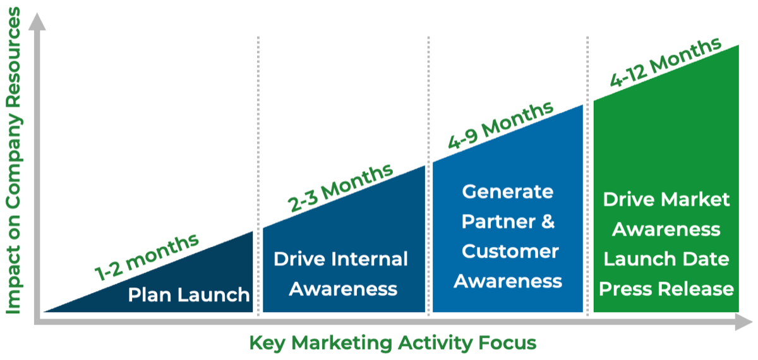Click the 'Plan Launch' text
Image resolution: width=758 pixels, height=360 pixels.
(x=189, y=295)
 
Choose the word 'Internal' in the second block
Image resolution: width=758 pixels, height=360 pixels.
(x=373, y=259)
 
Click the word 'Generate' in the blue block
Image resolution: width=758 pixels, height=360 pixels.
(x=508, y=191)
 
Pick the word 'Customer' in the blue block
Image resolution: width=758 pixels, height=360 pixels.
(x=510, y=251)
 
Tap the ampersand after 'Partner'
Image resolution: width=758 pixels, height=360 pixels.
(x=547, y=222)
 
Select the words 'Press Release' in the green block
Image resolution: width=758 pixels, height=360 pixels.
(x=666, y=289)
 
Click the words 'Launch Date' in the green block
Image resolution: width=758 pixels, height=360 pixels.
(x=666, y=259)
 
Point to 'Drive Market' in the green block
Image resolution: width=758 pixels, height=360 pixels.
(x=666, y=200)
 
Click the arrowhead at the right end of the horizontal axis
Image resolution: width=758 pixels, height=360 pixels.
(x=743, y=321)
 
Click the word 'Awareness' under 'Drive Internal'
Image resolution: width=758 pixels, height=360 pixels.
(x=343, y=289)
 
